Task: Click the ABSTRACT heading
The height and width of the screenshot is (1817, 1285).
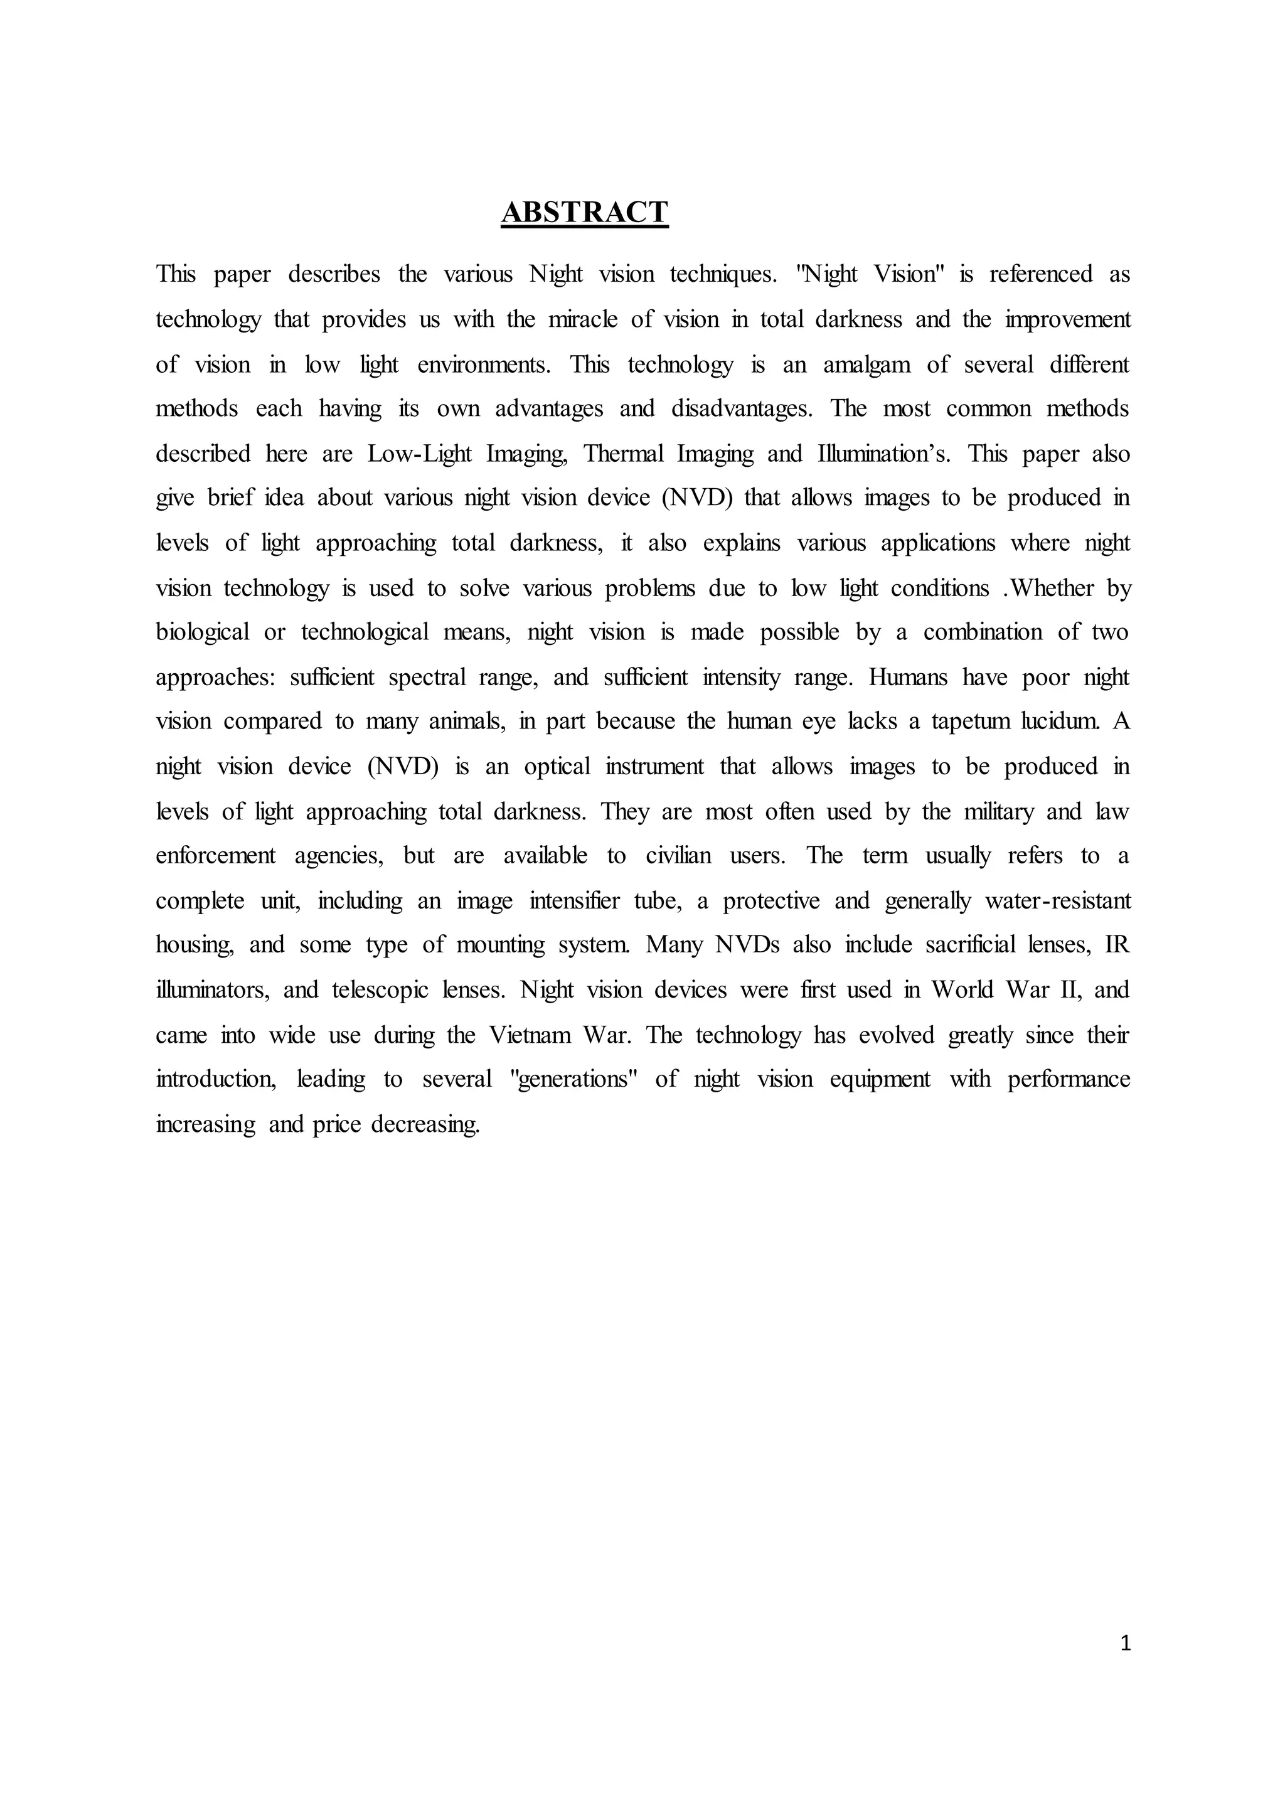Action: (x=585, y=212)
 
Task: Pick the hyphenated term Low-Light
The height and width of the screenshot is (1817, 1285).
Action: (x=419, y=454)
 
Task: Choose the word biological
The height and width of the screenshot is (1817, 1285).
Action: (x=203, y=632)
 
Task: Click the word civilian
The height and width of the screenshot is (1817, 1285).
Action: (x=679, y=855)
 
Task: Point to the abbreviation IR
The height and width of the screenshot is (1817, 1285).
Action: (x=1117, y=945)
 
